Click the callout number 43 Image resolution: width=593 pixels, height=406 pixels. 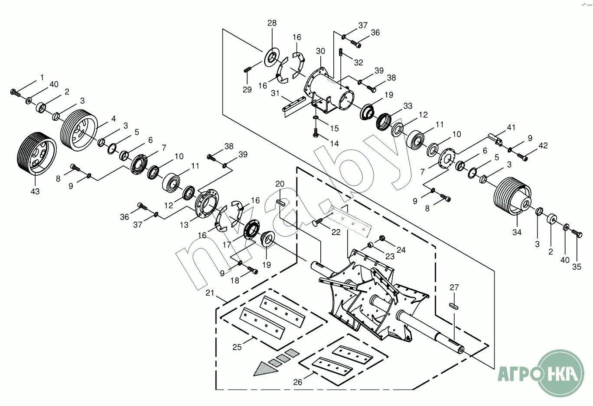35,191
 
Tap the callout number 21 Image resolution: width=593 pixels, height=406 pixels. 210,293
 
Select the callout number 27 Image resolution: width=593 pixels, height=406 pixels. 454,287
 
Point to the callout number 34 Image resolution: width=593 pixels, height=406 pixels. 517,232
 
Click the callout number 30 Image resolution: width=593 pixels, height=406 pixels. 320,51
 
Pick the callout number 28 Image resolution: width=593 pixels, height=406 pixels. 272,23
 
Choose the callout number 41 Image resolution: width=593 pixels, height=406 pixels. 511,128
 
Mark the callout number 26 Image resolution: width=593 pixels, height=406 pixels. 297,382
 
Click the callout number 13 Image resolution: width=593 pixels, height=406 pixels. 184,225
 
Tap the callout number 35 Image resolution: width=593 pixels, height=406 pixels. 577,267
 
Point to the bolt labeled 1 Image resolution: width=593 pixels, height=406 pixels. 15,92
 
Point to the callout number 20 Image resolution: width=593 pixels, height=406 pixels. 280,184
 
